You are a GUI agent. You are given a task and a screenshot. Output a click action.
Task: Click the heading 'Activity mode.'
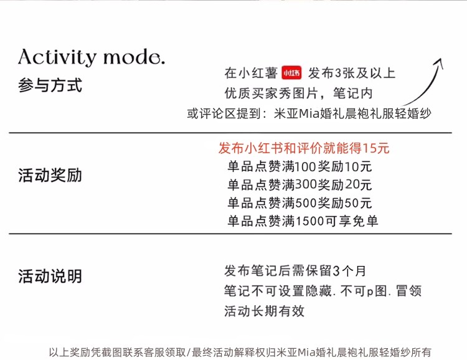[x=92, y=57]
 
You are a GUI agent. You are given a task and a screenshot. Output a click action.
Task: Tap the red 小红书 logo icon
[x=291, y=73]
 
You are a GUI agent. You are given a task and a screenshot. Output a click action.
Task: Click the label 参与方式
[x=50, y=85]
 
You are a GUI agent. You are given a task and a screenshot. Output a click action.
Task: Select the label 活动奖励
[x=50, y=175]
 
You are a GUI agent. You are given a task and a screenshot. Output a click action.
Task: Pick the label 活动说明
[x=50, y=276]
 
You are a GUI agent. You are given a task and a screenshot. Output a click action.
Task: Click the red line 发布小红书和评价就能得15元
[x=304, y=148]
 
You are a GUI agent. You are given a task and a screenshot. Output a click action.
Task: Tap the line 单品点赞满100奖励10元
[x=299, y=167]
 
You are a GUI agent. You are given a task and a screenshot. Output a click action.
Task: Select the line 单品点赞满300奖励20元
[x=299, y=185]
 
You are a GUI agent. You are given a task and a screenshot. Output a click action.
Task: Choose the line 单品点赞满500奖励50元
[x=299, y=203]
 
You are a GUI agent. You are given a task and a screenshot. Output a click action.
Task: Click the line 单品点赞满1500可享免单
[x=303, y=221]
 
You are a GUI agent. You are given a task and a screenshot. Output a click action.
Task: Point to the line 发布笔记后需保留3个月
[x=295, y=271]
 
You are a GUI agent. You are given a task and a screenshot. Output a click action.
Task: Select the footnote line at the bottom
[x=240, y=351]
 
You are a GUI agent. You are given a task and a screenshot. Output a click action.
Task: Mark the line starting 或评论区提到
[x=309, y=113]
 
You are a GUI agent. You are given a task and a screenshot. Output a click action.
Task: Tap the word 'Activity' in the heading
[x=58, y=57]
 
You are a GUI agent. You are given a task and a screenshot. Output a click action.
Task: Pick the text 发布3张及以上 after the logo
[x=352, y=73]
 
